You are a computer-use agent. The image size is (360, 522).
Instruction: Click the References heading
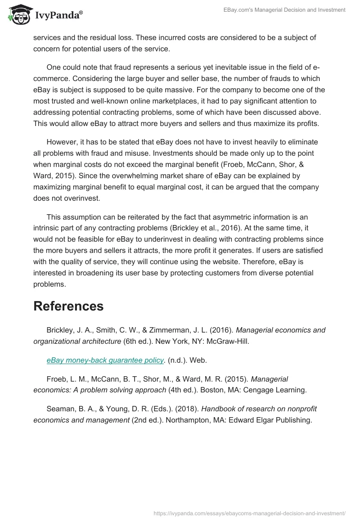pos(68,306)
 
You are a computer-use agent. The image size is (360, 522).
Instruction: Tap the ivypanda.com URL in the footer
pos(249,512)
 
